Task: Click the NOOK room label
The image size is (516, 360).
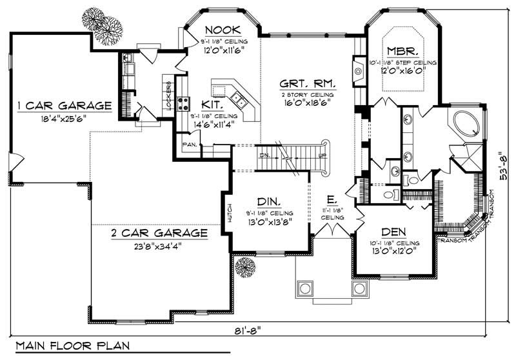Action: click(x=223, y=29)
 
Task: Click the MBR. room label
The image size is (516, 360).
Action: click(x=402, y=50)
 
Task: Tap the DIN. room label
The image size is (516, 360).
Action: click(x=268, y=201)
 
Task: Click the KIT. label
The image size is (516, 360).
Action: click(x=212, y=104)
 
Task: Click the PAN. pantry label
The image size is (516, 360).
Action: click(x=190, y=145)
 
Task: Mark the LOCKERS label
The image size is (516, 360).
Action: click(x=169, y=95)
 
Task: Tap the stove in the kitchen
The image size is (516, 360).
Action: click(x=183, y=103)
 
